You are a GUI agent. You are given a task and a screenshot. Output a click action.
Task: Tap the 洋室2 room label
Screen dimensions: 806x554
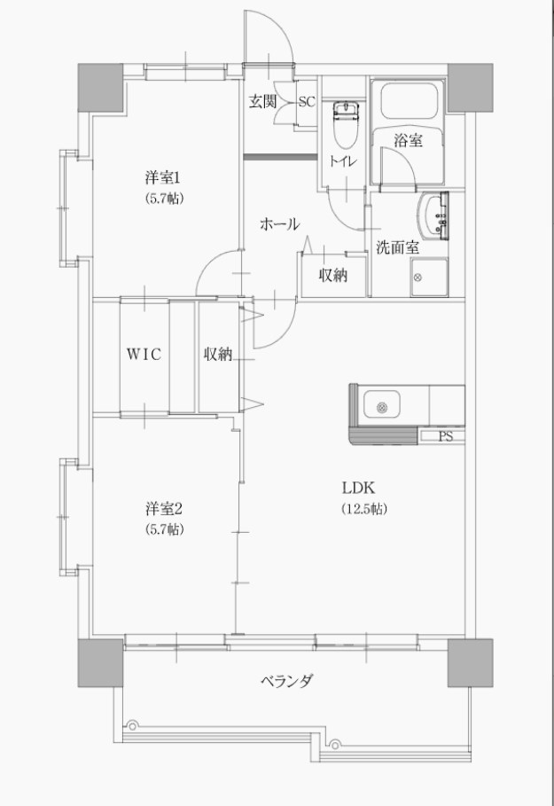point(164,509)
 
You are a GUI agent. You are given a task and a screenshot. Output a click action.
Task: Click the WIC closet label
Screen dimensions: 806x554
point(142,355)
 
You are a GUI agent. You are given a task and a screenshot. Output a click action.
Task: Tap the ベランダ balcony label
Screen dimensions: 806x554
point(286,682)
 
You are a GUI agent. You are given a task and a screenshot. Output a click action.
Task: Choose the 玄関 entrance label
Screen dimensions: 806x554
point(262,101)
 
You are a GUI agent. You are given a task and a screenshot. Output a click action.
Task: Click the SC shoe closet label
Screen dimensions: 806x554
point(306,101)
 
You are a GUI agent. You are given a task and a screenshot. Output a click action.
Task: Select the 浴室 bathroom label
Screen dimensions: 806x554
point(408,139)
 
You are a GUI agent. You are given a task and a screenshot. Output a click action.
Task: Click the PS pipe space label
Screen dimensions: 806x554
point(446,436)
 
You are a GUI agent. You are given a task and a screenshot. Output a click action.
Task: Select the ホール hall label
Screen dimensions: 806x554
point(279,224)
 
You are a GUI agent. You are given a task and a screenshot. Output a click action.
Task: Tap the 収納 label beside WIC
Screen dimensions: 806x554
point(217,355)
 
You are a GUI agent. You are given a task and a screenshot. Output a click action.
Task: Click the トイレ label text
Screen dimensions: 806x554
point(344,160)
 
